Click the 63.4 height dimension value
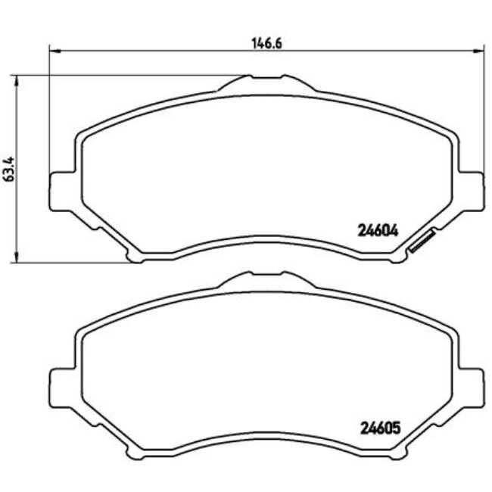pyautogui.click(x=9, y=173)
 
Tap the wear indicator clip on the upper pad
pyautogui.click(x=420, y=241)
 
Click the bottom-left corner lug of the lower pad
pyautogui.click(x=136, y=456)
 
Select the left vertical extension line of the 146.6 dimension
pyautogui.click(x=49, y=114)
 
